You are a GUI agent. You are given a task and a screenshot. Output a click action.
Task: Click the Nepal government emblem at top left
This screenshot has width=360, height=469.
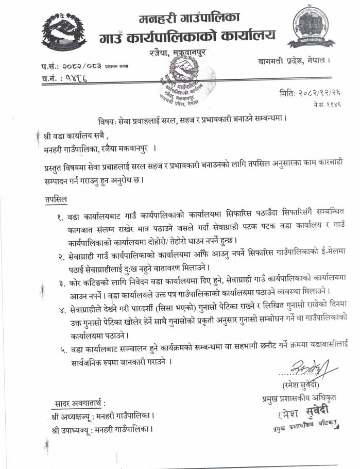64,29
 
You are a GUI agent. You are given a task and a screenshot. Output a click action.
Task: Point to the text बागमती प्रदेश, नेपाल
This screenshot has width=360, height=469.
294,61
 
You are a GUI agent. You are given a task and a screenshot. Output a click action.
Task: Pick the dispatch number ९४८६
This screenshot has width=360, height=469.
75,78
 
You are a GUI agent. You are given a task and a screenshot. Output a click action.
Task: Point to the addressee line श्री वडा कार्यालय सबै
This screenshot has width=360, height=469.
77,136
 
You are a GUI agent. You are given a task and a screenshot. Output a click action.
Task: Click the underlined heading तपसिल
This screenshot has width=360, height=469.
56,198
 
